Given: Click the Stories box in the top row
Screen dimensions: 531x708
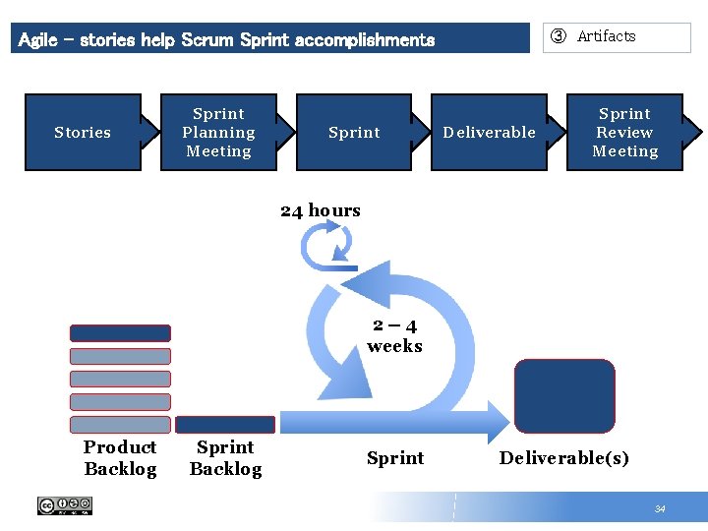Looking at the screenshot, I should coord(83,133).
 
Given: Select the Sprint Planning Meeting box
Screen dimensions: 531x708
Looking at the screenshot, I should coord(218,133).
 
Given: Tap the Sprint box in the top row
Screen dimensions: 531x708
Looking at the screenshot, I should coord(354,133).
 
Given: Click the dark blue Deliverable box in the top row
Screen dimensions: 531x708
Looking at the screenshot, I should coord(489,133).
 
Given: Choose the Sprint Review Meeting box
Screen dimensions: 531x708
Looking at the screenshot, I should coord(624,133).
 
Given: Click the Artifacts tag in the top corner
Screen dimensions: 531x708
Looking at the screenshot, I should coord(619,37).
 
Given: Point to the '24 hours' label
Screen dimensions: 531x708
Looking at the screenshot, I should coord(321,210).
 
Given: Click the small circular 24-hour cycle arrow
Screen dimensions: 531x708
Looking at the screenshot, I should coord(328,245).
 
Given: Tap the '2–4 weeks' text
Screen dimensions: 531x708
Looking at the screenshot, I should coord(394,336).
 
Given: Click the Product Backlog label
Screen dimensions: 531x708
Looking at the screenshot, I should coord(120,458).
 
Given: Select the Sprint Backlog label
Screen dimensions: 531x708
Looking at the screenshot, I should coord(225,458).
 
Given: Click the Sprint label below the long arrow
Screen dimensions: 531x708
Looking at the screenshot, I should coord(395,458).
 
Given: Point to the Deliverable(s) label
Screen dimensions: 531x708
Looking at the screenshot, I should coord(564,458).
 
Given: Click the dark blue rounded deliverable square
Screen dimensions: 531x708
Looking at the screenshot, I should coord(564,396).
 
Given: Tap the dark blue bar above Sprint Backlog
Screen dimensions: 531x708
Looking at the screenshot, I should coord(225,425).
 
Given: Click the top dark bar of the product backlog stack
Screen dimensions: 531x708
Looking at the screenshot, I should coord(120,333).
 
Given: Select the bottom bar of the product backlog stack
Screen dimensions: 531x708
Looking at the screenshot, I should coord(120,425).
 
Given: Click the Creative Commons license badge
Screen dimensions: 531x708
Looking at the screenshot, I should coord(65,506).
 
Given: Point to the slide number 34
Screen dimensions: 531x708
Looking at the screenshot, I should coord(660,508).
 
